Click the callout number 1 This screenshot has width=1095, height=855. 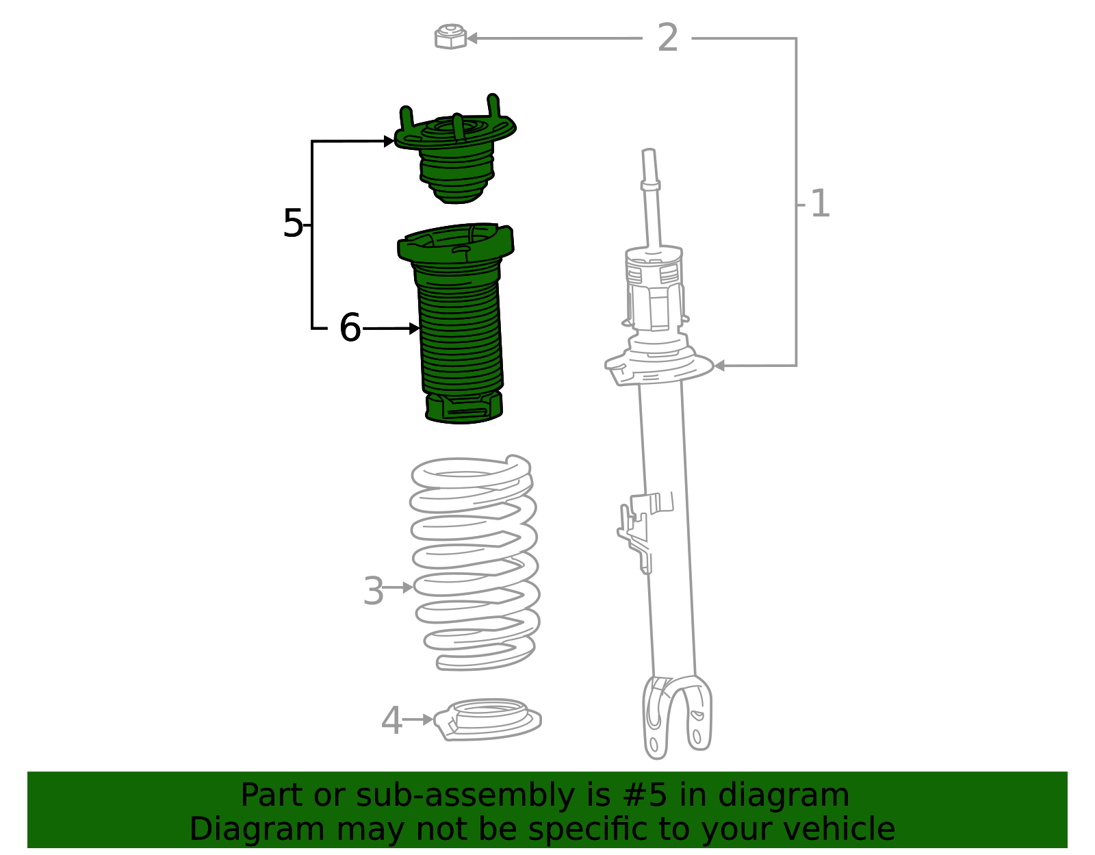[x=820, y=203]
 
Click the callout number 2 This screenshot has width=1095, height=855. [x=668, y=37]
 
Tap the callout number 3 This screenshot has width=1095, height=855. [x=374, y=591]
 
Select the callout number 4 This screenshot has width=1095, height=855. [x=391, y=720]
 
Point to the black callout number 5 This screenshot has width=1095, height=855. [x=293, y=223]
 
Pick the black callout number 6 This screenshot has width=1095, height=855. [x=350, y=327]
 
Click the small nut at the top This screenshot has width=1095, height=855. [x=450, y=36]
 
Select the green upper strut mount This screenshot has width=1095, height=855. [x=454, y=151]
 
